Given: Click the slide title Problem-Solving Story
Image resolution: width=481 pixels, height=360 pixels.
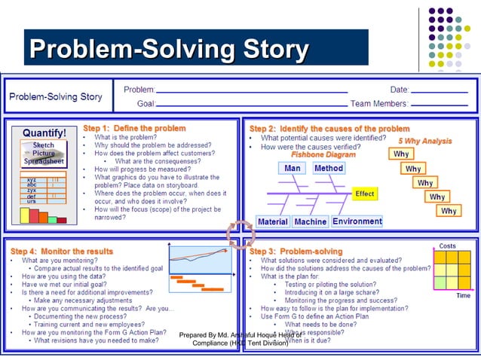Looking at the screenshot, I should (x=169, y=50).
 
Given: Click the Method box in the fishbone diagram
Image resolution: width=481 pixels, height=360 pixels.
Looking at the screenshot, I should (x=329, y=169).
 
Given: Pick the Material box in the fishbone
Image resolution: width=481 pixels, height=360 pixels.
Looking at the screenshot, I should (x=273, y=222).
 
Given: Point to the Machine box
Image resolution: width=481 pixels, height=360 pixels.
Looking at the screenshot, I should (x=310, y=222).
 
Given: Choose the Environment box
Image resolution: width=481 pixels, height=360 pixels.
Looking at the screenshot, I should (x=357, y=222).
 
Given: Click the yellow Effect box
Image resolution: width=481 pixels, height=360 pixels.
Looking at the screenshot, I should (x=365, y=194).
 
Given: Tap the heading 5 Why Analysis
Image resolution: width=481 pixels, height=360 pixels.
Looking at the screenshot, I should (x=425, y=141).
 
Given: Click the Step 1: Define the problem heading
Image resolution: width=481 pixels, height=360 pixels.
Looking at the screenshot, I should (x=134, y=129).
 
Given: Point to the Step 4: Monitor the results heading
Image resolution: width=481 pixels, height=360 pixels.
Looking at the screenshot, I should (x=62, y=251).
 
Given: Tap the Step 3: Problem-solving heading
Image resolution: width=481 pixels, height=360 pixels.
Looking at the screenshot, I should (x=296, y=251).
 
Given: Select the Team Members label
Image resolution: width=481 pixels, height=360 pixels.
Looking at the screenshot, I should (x=381, y=103).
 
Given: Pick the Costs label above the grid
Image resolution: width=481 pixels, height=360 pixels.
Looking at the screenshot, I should (x=447, y=246).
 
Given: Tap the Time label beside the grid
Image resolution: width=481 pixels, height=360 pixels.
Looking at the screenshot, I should (x=464, y=296).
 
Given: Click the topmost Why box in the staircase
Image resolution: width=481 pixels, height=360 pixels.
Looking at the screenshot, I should (x=402, y=154).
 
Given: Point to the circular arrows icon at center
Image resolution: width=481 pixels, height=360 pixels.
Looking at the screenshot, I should (x=240, y=234).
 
